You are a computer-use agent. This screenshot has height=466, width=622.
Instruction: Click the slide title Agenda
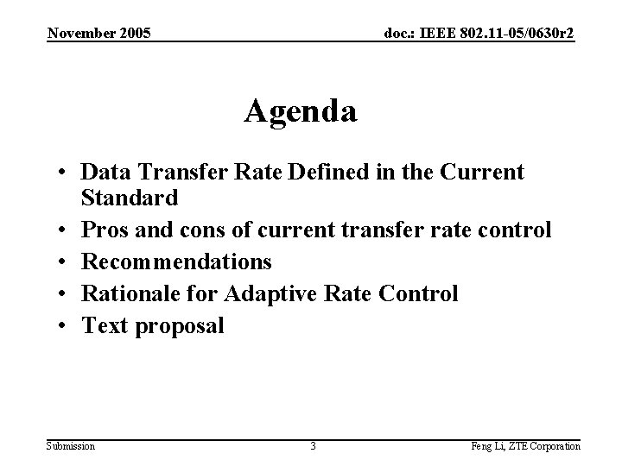point(301,111)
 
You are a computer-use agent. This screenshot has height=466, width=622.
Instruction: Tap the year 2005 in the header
point(132,33)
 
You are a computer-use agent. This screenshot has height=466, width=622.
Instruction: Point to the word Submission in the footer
point(71,445)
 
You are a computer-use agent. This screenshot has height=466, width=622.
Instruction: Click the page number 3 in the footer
point(313,445)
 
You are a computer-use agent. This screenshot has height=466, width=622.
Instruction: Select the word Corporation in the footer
point(554,445)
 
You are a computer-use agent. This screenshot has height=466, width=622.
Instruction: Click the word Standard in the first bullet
point(130,198)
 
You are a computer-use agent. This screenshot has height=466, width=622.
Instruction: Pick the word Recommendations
point(176,261)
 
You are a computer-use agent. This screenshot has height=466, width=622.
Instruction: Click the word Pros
point(103,230)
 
